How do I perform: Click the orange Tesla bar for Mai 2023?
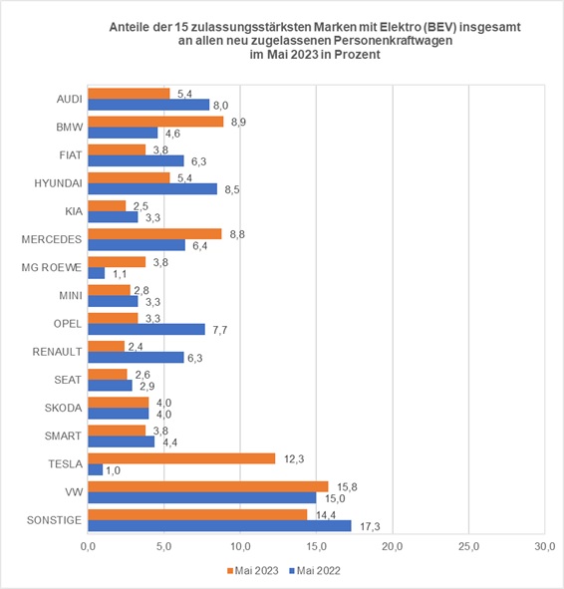click(181, 457)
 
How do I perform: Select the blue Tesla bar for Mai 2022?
click(96, 469)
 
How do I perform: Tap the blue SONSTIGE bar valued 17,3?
click(219, 525)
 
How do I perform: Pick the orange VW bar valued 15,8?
click(207, 485)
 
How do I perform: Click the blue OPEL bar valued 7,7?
click(146, 329)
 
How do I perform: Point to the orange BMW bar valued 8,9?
click(155, 121)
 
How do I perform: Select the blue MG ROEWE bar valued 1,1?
click(97, 273)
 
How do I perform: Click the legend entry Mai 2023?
click(251, 570)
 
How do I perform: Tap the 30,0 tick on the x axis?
click(544, 546)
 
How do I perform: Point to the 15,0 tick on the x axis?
click(316, 546)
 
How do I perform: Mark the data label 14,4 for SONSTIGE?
click(324, 513)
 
